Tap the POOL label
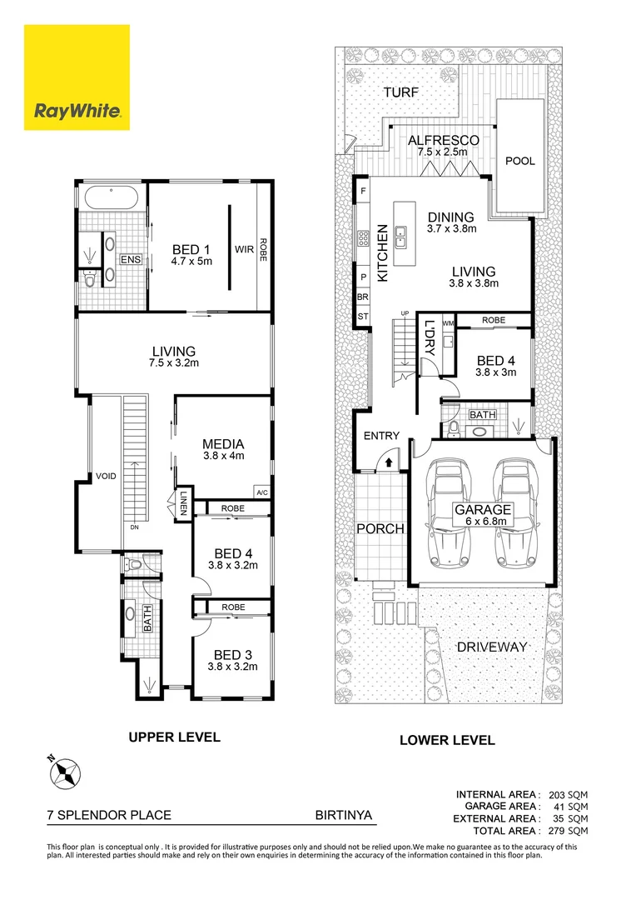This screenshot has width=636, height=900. click(x=520, y=161)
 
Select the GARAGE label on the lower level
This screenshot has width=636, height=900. click(x=482, y=510)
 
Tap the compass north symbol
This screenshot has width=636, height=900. click(x=63, y=772)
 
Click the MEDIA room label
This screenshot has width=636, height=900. click(x=223, y=444)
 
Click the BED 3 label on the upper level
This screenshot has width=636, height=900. click(x=233, y=654)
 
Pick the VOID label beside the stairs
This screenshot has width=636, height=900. click(x=108, y=476)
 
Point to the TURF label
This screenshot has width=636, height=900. click(x=401, y=92)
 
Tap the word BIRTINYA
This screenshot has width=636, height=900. click(x=342, y=817)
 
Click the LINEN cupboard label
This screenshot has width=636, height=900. click(x=183, y=504)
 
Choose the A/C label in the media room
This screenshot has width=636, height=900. click(x=262, y=492)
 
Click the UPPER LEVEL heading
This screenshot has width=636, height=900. click(x=173, y=737)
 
